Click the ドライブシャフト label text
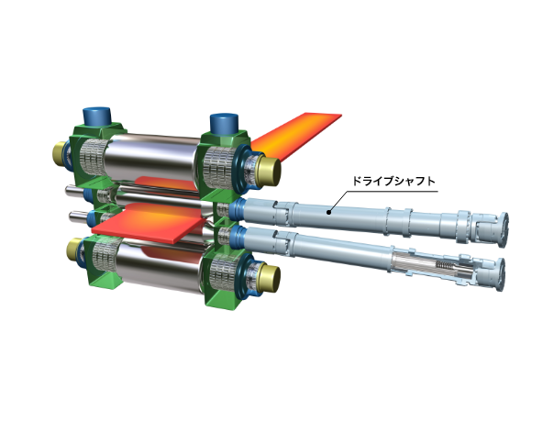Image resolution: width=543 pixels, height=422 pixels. pyautogui.click(x=393, y=182)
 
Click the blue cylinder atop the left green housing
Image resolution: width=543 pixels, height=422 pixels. pyautogui.click(x=96, y=117)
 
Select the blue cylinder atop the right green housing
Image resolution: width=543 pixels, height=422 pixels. pyautogui.click(x=225, y=123)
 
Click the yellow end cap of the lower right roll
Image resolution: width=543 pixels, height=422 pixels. pyautogui.click(x=269, y=279)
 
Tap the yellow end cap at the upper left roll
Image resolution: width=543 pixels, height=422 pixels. pyautogui.click(x=59, y=154)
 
